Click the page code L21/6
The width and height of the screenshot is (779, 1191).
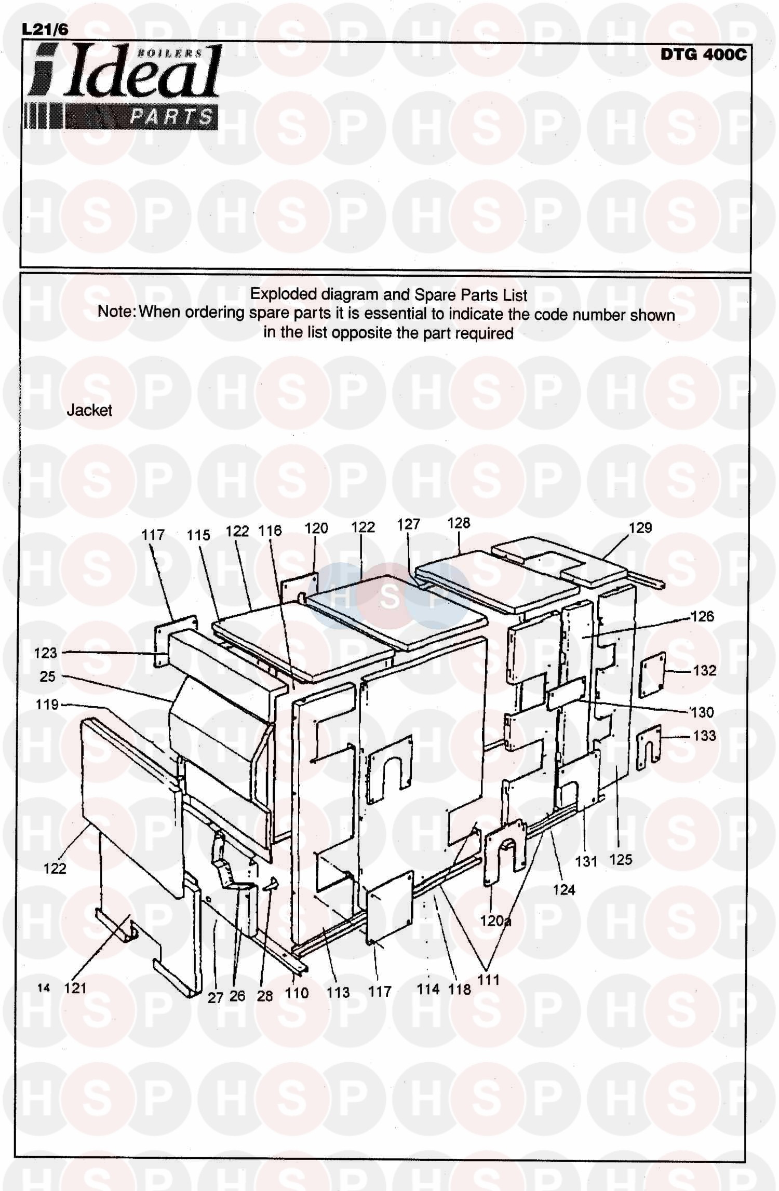tap(45, 30)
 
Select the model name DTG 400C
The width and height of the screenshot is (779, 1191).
tap(703, 55)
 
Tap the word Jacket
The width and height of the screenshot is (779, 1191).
tap(89, 411)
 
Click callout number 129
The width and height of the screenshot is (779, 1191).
tap(640, 528)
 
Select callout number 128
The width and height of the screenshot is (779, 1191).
tap(459, 523)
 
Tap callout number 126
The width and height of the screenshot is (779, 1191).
tap(702, 616)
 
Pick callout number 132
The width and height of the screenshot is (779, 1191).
tap(704, 670)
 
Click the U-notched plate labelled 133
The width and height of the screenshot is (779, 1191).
tap(648, 744)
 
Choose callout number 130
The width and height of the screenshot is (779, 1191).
tap(702, 712)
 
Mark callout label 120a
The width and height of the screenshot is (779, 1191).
tap(495, 921)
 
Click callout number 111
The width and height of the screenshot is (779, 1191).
tap(488, 980)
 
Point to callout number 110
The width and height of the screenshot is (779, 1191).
tap(297, 993)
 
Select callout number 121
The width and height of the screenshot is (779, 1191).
tap(75, 987)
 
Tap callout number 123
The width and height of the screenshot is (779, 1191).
tap(45, 653)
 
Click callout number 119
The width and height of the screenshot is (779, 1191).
tap(47, 705)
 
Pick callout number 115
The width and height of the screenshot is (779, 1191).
tap(198, 535)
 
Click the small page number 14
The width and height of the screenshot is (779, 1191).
tap(44, 987)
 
